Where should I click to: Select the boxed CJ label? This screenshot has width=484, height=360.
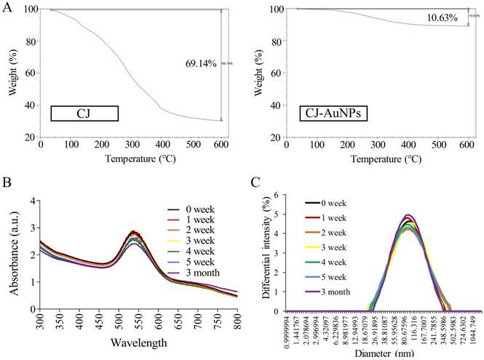[x=84, y=113]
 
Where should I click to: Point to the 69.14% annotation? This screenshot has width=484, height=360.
[x=201, y=64]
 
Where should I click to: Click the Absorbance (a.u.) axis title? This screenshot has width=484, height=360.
[x=9, y=257]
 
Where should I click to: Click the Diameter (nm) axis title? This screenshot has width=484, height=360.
[x=370, y=353]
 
